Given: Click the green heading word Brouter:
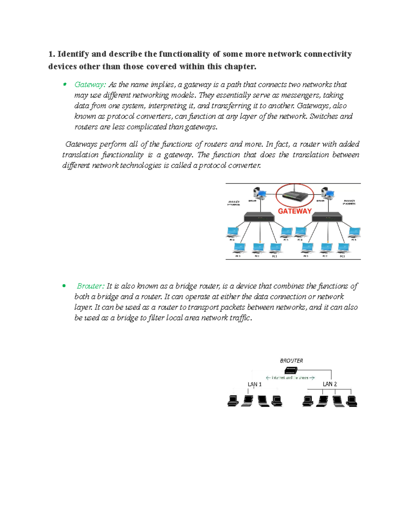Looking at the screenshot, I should (x=90, y=286).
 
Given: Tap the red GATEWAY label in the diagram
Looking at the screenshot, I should (x=294, y=211).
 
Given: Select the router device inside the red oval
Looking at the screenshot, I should (x=294, y=196).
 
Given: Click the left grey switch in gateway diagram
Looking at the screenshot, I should (x=259, y=217).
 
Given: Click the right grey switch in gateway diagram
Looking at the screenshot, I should (x=327, y=217).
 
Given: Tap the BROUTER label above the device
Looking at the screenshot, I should (x=291, y=360).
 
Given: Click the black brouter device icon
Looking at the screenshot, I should (x=291, y=370).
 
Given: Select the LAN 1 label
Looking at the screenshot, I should (x=255, y=384).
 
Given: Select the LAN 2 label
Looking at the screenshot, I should (x=330, y=384).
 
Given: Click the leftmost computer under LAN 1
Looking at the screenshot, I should (x=233, y=401).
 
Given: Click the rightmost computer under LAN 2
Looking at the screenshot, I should (x=351, y=401).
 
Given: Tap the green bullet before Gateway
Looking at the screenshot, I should (x=64, y=84).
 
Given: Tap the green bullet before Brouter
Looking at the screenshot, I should (x=64, y=286).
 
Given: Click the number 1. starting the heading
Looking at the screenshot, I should (x=51, y=54).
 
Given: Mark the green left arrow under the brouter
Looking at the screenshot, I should (x=268, y=378).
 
